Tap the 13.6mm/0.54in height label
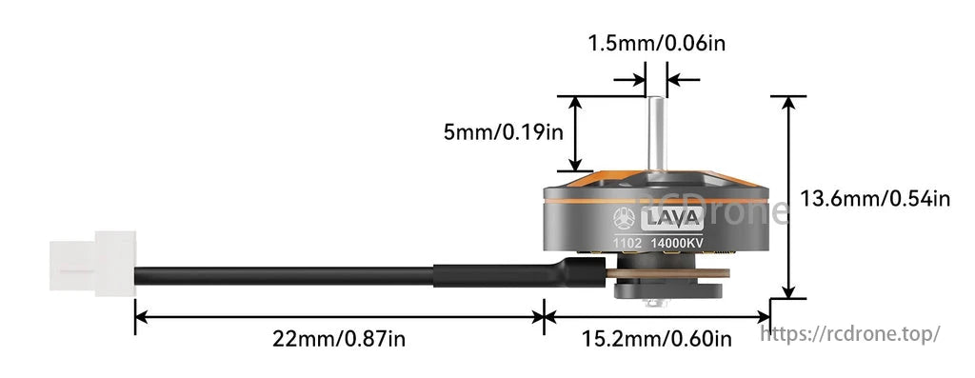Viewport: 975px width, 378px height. (874, 199)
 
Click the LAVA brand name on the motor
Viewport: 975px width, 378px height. (672, 220)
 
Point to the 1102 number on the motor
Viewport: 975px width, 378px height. (628, 245)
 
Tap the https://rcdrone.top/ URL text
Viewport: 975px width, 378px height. (852, 333)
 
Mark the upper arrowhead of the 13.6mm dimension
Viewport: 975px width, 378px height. (787, 103)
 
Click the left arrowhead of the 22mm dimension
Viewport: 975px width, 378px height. (141, 315)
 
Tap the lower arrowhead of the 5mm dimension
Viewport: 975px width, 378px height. (575, 164)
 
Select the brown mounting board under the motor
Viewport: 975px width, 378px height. (667, 275)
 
